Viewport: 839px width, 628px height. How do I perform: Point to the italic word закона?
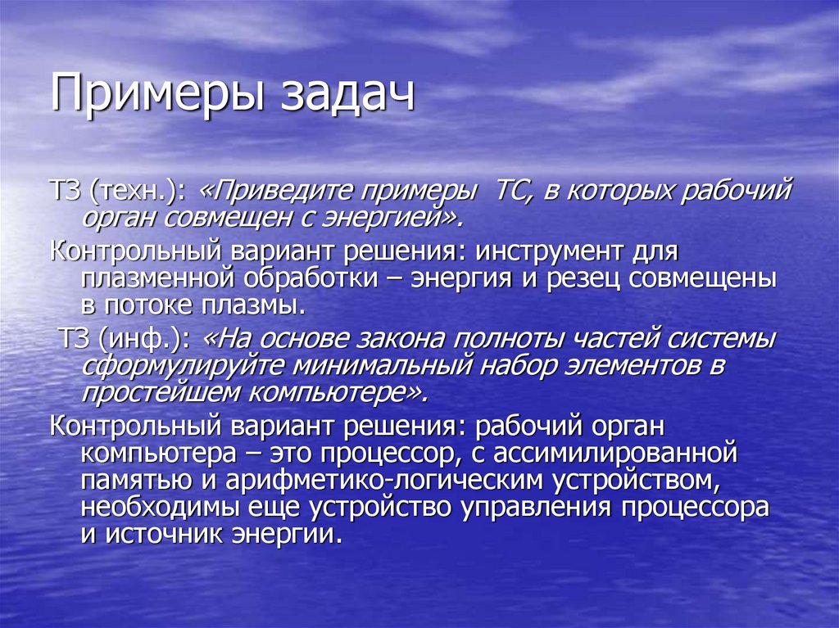click(x=383, y=339)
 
